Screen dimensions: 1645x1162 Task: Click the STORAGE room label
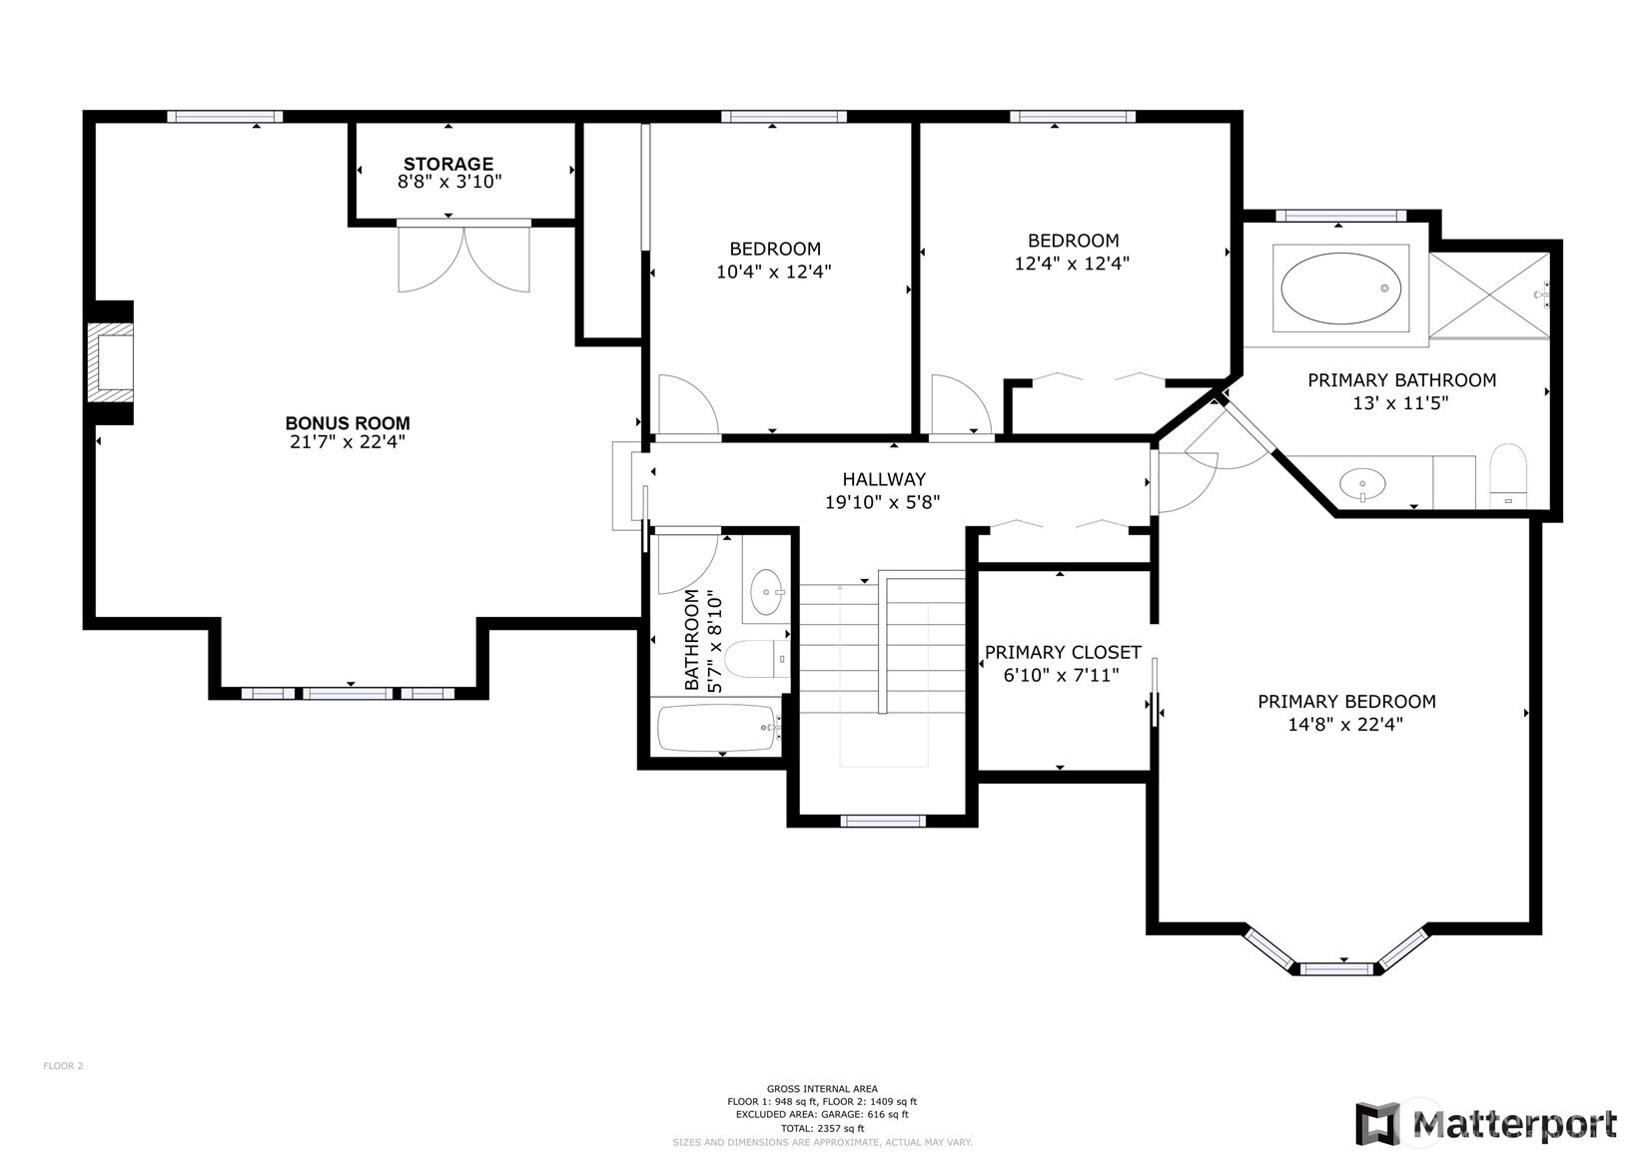coord(448,164)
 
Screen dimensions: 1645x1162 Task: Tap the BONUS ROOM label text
coord(348,423)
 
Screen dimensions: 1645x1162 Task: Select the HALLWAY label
coord(884,479)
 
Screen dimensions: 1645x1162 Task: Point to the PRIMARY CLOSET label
coord(1063,652)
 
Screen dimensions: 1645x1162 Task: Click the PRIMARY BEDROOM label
coord(1346,701)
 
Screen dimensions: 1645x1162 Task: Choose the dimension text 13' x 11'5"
coord(1400,403)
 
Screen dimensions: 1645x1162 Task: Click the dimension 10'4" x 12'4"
coord(774,272)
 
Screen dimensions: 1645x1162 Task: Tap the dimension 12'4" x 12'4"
coord(1072,263)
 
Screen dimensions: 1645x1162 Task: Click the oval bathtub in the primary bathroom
coord(1340,289)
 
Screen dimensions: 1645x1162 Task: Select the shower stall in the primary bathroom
coord(1489,295)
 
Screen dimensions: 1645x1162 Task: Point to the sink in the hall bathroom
coord(767,591)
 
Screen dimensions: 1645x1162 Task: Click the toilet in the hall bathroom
coord(757,659)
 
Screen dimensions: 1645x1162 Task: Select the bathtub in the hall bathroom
coord(718,728)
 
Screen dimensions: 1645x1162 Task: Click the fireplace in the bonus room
coord(111,362)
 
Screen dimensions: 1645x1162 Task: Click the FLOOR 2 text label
coord(63,1066)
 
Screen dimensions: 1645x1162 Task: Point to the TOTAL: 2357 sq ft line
coord(822,1129)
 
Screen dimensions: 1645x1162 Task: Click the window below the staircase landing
coord(883,821)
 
